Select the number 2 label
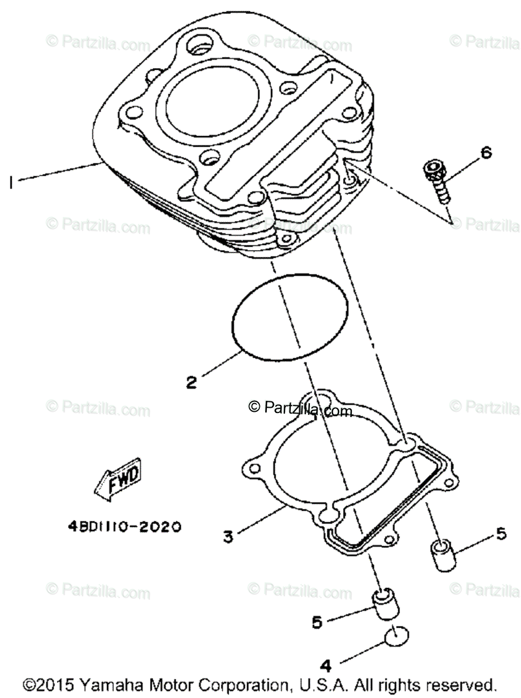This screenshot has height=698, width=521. point(192,382)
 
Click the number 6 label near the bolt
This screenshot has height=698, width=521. point(486,153)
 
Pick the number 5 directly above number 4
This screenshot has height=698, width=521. point(317,622)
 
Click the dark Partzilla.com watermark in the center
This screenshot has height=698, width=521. point(300,409)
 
